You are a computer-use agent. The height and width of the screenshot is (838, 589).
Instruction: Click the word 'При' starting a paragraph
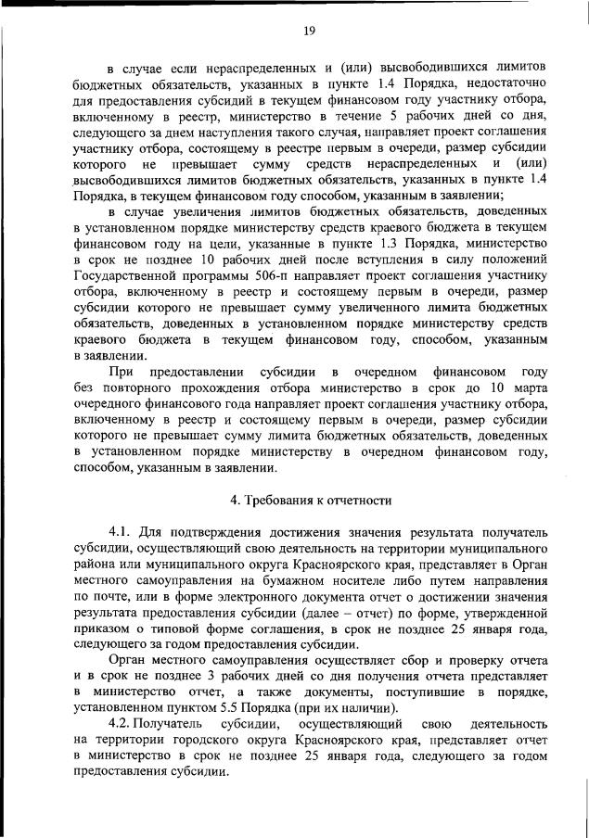(x=121, y=371)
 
